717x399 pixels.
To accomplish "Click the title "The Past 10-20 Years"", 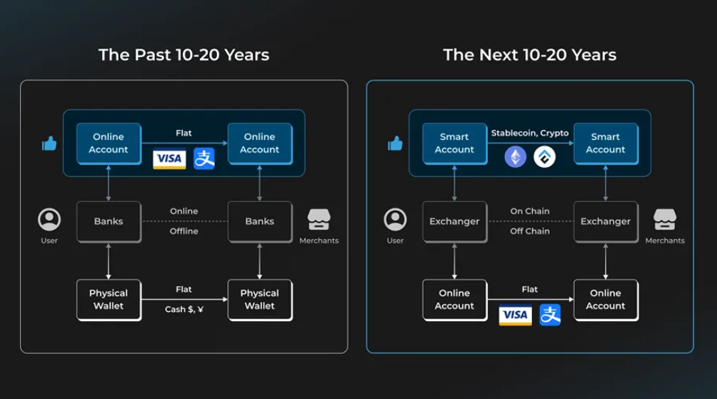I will tap(184, 55).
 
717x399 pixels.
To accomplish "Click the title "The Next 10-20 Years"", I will tap(529, 55).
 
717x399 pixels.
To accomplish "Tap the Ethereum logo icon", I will tap(516, 157).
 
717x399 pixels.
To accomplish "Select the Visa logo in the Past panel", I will tap(169, 158).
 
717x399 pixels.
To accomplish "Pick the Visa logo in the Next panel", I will tap(515, 315).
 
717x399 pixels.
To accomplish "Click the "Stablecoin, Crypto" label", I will tap(530, 133).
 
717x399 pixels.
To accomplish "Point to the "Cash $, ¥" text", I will tap(184, 309).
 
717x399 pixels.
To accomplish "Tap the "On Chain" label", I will tap(530, 211).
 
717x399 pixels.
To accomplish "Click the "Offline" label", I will tap(184, 231).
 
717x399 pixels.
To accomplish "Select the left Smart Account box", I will tap(454, 143).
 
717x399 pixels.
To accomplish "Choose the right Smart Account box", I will tap(606, 143).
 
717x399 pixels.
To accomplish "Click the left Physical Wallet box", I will tap(109, 300).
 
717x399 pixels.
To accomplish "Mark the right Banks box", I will tap(259, 221).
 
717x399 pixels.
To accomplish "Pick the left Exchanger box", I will tap(454, 221).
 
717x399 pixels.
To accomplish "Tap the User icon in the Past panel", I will tap(49, 220).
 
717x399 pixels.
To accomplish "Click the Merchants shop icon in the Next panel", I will tap(665, 220).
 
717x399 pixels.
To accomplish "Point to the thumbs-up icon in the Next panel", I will tap(395, 144).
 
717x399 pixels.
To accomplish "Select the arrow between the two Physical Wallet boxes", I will tap(184, 300).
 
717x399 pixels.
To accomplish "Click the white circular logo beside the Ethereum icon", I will tap(545, 157).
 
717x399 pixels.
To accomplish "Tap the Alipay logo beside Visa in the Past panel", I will tap(204, 158).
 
